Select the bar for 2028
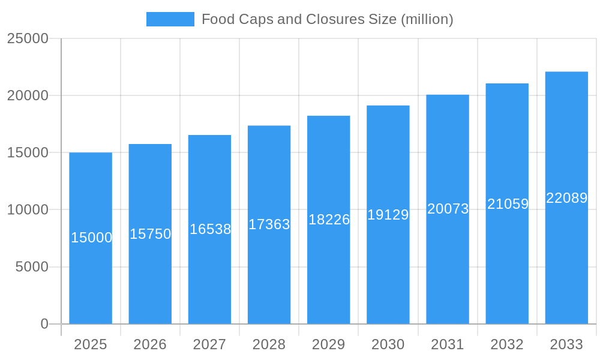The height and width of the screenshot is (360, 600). (x=269, y=270)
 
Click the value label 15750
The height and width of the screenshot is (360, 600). (x=150, y=234)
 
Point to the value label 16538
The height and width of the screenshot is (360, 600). (x=210, y=229)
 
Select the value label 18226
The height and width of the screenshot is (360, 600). (x=329, y=220)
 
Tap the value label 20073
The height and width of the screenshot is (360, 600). (x=448, y=209)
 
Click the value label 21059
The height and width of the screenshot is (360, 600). (x=508, y=204)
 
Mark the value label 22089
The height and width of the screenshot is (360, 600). (x=566, y=198)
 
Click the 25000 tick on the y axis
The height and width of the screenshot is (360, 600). (x=28, y=38)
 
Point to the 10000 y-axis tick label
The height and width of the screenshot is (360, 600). (x=28, y=210)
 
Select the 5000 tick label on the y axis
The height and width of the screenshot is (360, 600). (x=32, y=267)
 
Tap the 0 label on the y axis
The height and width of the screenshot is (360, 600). (x=44, y=324)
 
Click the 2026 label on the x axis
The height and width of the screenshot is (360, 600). (x=150, y=344)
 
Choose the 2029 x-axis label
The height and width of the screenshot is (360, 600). (x=329, y=344)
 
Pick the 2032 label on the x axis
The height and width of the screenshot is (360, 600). (x=507, y=344)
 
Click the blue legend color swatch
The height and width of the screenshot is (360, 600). (x=170, y=19)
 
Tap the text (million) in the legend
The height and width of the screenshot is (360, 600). (x=427, y=19)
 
